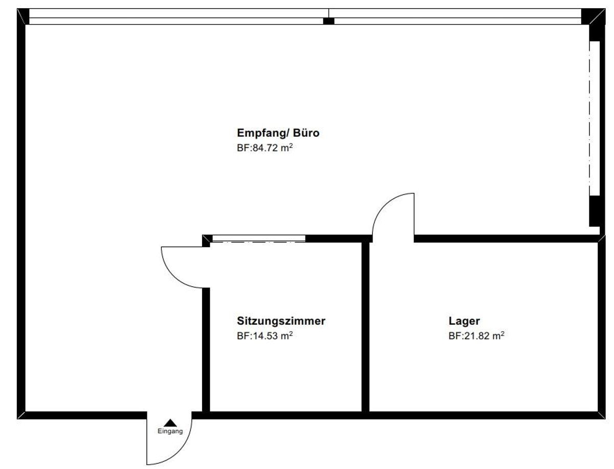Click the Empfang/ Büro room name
click(x=278, y=133)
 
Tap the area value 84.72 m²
click(x=273, y=148)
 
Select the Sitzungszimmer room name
click(x=281, y=321)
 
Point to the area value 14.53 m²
click(x=273, y=336)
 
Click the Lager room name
click(x=464, y=321)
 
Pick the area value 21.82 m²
click(x=485, y=336)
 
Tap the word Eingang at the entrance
click(x=170, y=431)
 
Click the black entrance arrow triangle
click(x=170, y=423)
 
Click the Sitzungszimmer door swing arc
click(x=173, y=275)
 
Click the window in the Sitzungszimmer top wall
click(x=258, y=239)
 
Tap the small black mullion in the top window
click(x=328, y=21)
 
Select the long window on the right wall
click(x=595, y=118)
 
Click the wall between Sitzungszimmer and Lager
click(x=365, y=327)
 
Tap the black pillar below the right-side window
click(x=595, y=211)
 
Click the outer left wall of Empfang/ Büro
click(x=21, y=214)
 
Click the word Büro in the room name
click(x=306, y=133)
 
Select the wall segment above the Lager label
click(x=507, y=239)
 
